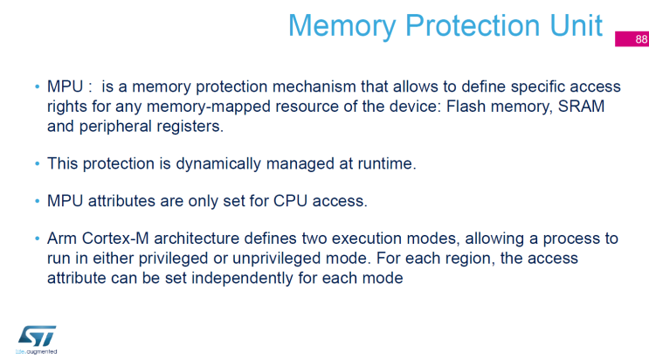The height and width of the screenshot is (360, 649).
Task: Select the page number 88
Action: tap(641, 39)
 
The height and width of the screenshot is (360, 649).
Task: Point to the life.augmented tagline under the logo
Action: tap(37, 352)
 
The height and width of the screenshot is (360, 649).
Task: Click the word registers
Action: tap(189, 125)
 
